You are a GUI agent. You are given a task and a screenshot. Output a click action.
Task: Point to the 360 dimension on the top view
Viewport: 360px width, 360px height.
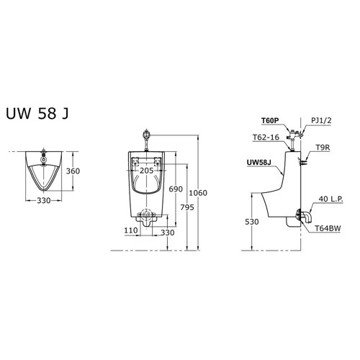coord(72,172)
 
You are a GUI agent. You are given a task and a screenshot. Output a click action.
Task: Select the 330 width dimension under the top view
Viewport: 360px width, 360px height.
coord(44,202)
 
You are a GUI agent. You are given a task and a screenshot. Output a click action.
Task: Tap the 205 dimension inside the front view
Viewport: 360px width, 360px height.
coord(147,171)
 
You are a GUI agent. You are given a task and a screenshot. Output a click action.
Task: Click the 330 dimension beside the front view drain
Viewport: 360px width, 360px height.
coord(167,232)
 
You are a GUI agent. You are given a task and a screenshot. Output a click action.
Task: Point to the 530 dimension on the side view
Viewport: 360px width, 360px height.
coord(251,222)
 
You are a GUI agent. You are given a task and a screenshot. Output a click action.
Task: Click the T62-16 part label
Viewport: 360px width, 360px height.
coord(266,138)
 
